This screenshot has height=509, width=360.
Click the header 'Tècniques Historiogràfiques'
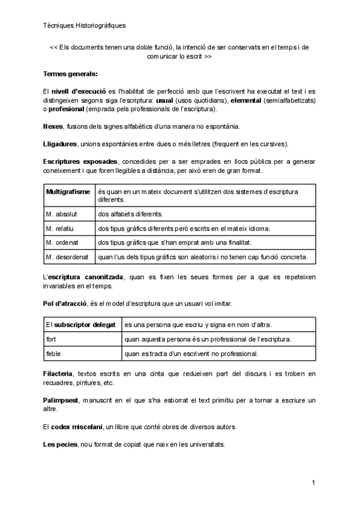85,26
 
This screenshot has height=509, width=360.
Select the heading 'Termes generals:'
70,74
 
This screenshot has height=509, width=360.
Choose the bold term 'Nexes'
53,126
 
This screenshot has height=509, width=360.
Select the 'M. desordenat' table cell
67,257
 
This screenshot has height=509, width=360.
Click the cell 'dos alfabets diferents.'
129,214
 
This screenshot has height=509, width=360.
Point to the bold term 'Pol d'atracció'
65,304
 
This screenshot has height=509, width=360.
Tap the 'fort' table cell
52,339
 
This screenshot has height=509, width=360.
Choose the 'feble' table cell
53,354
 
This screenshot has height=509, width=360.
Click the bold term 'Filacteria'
58,374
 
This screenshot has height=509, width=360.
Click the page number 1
314,483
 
